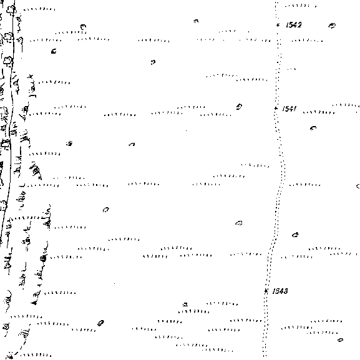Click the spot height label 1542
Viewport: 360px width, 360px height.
294,25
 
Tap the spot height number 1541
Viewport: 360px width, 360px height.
289,109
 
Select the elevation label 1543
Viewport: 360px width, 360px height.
280,291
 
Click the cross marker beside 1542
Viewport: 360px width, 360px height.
278,25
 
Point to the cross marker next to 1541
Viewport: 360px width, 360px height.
276,108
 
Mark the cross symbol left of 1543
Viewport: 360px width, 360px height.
266,291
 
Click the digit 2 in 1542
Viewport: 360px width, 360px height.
299,25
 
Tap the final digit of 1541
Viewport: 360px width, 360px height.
294,109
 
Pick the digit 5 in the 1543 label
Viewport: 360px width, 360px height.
276,291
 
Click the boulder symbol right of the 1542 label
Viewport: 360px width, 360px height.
332,26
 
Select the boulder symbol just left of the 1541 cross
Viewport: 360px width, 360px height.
239,107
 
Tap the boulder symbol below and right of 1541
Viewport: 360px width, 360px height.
313,128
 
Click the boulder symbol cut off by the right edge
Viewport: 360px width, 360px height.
358,186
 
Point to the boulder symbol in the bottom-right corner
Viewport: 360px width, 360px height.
341,340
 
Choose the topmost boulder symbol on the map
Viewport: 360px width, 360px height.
196,21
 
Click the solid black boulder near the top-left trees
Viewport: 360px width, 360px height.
54,51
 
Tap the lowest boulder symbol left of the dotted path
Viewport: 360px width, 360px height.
100,323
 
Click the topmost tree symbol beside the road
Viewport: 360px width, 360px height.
11,9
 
